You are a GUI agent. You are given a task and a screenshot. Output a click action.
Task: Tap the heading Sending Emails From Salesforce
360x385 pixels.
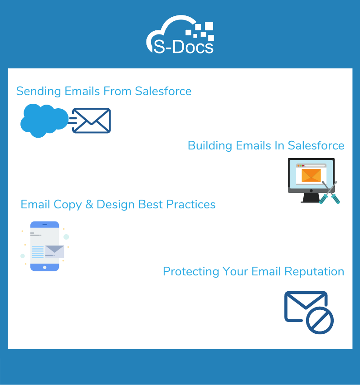[x=104, y=91]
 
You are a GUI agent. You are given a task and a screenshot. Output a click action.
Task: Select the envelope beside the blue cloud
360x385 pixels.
[x=91, y=120]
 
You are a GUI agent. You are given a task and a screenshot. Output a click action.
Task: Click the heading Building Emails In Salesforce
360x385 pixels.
[x=266, y=145]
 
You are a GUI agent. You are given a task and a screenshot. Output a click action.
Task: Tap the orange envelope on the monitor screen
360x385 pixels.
[x=311, y=175]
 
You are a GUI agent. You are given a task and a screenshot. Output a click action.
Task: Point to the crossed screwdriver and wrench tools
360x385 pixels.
[x=329, y=192]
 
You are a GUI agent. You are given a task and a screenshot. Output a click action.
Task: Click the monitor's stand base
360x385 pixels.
[x=311, y=201]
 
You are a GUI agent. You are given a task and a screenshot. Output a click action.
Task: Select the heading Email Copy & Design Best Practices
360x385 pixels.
[x=118, y=204]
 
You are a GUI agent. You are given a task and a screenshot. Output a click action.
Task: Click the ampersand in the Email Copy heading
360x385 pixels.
[x=89, y=204]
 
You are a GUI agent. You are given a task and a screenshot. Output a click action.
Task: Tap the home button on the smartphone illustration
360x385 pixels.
[x=44, y=267]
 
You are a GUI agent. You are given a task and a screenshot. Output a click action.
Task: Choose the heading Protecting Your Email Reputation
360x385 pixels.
[x=253, y=271]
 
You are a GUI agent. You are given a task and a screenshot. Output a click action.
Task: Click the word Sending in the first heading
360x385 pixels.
[x=39, y=91]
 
